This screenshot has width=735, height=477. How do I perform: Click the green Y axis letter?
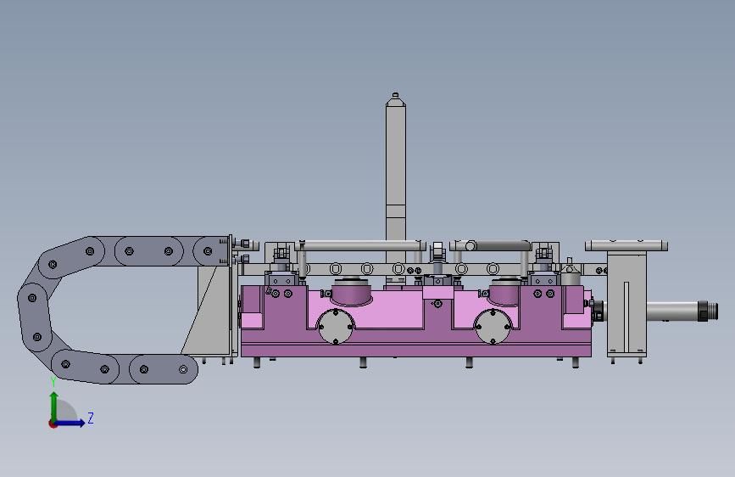point(53,382)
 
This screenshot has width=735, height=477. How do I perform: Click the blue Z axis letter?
point(91,418)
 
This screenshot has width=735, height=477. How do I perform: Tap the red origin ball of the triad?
point(53,424)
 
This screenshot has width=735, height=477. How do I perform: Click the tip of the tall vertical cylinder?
point(395,94)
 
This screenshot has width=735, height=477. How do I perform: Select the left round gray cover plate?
point(336,326)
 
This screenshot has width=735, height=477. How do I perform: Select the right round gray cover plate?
point(493,326)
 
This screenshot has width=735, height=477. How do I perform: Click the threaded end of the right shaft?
point(708,311)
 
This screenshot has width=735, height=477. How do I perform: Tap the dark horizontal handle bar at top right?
point(499,245)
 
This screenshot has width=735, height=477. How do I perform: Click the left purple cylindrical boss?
point(352,292)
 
